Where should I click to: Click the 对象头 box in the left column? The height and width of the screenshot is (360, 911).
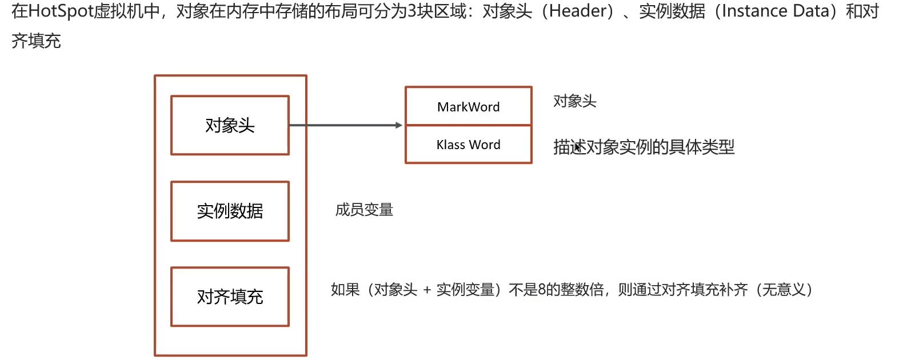[230, 125]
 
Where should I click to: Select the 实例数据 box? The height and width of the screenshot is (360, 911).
[230, 211]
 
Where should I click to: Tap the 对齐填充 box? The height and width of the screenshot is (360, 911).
[230, 297]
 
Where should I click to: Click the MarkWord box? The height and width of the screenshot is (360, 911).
[468, 106]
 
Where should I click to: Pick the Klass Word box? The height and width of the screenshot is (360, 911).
[468, 145]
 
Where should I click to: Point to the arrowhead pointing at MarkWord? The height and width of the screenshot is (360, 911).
[399, 125]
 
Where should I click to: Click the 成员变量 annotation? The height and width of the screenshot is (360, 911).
[364, 210]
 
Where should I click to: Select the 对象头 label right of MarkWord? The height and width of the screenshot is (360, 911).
[574, 101]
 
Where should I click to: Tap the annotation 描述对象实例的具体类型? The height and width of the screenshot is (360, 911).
[644, 147]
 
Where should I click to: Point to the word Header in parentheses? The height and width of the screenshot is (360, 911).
[577, 11]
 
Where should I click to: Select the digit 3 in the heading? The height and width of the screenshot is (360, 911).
[411, 11]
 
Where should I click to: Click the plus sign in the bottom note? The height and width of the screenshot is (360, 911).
[427, 290]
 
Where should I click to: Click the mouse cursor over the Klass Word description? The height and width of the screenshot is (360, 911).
[578, 147]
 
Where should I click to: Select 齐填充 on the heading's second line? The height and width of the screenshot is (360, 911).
[36, 41]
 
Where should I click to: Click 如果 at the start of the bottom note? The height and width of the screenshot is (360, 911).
[345, 290]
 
